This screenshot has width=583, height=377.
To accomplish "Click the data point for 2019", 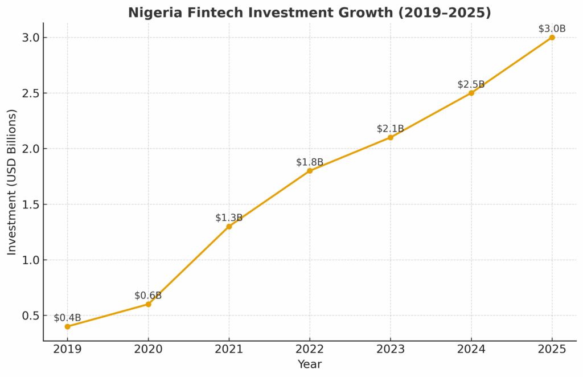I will click(67, 326).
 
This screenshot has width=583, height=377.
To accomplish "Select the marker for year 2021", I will click(229, 227).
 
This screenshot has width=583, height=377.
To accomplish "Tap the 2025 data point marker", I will click(552, 38).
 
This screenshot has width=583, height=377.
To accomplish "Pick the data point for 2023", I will click(391, 137).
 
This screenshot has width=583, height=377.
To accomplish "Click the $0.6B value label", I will click(148, 296).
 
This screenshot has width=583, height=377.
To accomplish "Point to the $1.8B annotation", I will click(310, 162).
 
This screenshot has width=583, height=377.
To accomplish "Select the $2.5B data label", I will click(471, 85).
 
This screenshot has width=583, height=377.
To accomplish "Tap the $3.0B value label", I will click(552, 28).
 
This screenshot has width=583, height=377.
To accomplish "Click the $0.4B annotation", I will click(67, 318).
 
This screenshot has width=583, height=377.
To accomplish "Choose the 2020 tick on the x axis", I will click(148, 349).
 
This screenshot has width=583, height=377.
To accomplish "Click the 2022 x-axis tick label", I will click(310, 349).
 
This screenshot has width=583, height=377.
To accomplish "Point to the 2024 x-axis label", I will click(471, 349).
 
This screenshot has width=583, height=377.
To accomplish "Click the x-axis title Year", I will click(309, 364).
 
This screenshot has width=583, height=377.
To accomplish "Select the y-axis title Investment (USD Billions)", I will click(12, 182).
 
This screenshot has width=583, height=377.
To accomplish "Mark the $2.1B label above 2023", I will click(391, 129).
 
